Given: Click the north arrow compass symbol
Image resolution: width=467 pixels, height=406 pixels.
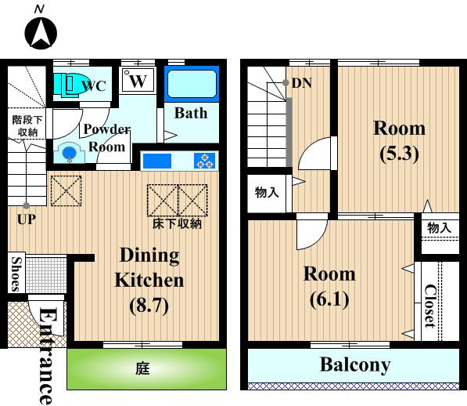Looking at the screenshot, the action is (x=41, y=32).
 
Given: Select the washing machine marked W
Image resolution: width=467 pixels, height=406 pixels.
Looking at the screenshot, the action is (x=138, y=80).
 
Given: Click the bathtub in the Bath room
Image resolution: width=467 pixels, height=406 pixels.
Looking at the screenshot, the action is (x=192, y=84).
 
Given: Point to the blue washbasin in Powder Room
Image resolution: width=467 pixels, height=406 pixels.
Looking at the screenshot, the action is (x=70, y=153).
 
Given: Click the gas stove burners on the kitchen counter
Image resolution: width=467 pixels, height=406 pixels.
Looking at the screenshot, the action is (x=205, y=161).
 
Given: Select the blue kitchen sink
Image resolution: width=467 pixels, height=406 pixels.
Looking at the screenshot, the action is (x=157, y=161).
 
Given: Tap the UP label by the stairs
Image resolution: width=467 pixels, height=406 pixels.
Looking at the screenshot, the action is (x=27, y=220).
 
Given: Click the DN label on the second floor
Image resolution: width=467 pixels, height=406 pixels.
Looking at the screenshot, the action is (x=302, y=83).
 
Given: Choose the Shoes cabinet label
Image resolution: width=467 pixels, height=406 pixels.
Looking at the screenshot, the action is (x=16, y=274).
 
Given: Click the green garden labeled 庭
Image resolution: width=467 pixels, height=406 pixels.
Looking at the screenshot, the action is (x=146, y=369).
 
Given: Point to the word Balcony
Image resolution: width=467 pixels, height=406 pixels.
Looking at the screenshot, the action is (x=355, y=364).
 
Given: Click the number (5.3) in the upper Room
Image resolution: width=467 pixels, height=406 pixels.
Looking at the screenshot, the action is (x=399, y=154).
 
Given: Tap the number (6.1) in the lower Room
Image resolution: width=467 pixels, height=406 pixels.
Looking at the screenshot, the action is (x=329, y=299).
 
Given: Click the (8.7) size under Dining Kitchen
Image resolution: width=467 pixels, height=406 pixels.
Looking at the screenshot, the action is (x=149, y=305).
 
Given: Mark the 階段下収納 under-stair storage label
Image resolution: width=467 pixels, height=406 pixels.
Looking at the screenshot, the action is (x=27, y=126).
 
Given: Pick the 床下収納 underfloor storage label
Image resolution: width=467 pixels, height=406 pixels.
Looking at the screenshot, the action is (x=178, y=223).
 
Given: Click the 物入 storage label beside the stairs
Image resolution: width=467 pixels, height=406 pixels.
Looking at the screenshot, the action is (x=267, y=192).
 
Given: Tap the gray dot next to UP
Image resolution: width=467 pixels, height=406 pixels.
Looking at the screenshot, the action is (x=27, y=205).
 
